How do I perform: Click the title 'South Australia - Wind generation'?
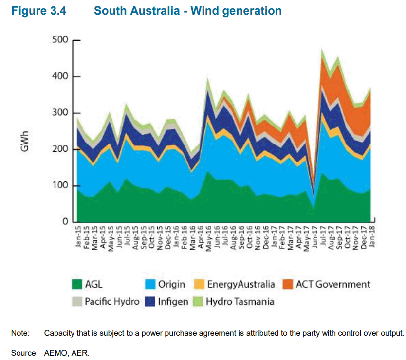[187, 10]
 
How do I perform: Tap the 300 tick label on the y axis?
[60, 113]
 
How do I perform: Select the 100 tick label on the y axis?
[60, 186]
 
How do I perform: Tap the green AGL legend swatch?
[77, 284]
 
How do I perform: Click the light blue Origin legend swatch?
[151, 284]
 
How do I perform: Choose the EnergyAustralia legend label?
[241, 284]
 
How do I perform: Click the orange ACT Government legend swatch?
[289, 284]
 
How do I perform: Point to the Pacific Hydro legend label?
[112, 301]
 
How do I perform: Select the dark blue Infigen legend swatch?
[151, 301]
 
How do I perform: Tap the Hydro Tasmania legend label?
[240, 301]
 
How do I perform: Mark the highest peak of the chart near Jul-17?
[322, 49]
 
